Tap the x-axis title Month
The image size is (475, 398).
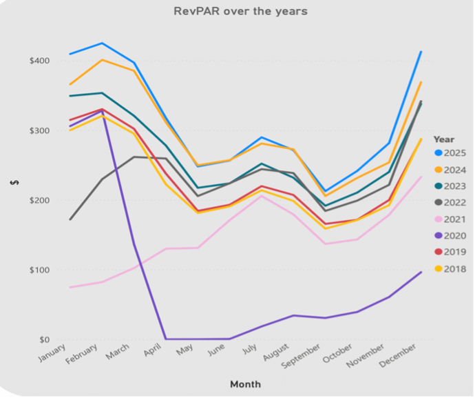click(x=245, y=384)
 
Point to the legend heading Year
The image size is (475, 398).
click(x=444, y=139)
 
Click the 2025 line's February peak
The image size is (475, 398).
click(x=102, y=43)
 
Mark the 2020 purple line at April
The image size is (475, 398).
click(x=165, y=339)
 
